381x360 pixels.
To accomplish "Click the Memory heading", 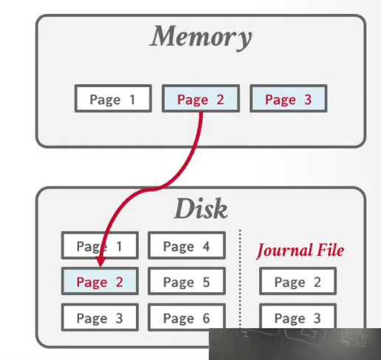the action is (x=201, y=37).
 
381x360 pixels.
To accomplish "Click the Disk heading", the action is (x=201, y=208).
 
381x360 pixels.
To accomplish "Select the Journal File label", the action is (x=300, y=251).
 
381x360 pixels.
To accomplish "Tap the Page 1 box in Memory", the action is (x=113, y=98).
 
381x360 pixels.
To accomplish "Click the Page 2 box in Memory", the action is (x=201, y=98).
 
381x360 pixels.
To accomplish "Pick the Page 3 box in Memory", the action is (x=288, y=98).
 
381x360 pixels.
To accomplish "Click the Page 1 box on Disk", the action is (x=100, y=245).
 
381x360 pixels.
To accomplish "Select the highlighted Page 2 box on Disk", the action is (x=100, y=281).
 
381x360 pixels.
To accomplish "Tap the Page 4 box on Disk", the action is (x=187, y=245).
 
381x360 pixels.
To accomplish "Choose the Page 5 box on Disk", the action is (x=187, y=281).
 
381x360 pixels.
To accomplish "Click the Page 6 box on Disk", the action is (x=187, y=317).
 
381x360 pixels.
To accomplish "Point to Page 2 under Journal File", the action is (x=298, y=281).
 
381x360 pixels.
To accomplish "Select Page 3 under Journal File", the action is (x=298, y=316).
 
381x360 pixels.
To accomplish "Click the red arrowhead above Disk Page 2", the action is (x=100, y=261).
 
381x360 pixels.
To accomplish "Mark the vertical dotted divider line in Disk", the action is (x=240, y=279).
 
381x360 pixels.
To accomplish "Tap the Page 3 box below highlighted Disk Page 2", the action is (x=100, y=317).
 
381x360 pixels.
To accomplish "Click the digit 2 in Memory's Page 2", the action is (x=220, y=100).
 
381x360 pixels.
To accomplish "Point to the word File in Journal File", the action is (x=331, y=250).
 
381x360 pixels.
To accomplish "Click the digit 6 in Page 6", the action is (x=206, y=318).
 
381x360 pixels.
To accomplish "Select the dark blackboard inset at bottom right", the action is (x=295, y=344).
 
